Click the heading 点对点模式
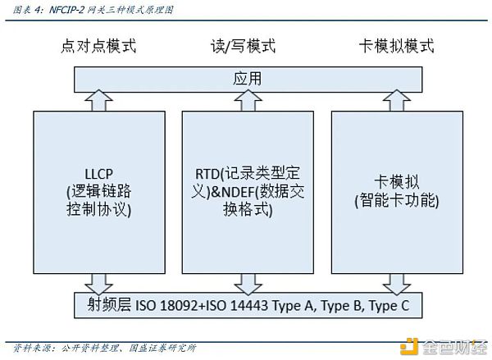click(x=98, y=46)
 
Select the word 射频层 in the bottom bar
click(x=107, y=308)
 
